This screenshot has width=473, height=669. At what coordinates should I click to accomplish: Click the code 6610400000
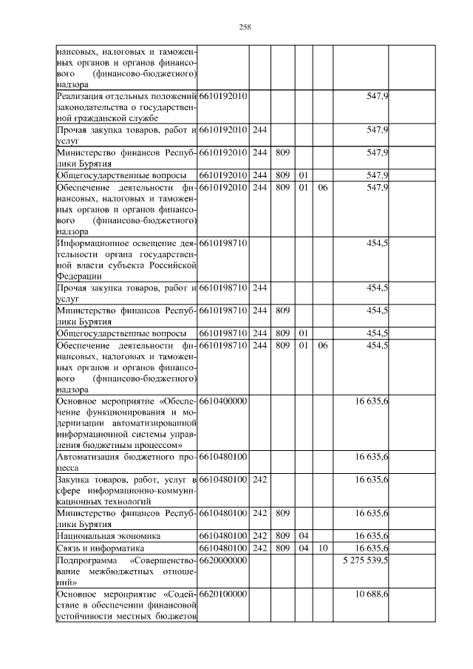click(222, 400)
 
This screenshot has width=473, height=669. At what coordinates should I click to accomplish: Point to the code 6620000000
click(222, 561)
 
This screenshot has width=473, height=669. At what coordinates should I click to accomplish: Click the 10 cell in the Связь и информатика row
click(322, 549)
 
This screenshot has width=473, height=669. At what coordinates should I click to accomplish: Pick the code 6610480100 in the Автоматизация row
click(222, 457)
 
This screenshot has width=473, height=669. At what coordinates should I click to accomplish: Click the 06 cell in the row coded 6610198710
click(322, 345)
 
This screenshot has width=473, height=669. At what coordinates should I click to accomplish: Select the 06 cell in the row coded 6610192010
click(322, 188)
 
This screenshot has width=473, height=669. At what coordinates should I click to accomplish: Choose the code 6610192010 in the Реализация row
click(222, 97)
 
